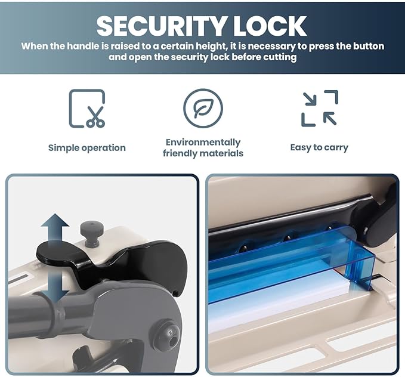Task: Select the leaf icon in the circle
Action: coord(203,108)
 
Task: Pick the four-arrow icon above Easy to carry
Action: coord(320,108)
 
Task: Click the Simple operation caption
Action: coord(87,148)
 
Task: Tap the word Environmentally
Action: coord(203,143)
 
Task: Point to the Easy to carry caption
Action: coord(319,147)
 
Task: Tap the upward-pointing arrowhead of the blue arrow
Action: coord(55,220)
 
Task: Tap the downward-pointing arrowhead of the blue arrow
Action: coord(55,296)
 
